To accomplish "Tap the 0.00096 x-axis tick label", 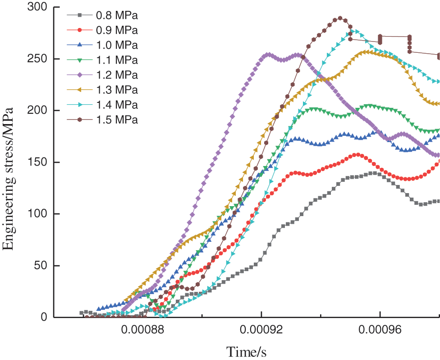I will pos(380,330).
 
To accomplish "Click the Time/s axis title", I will pos(247,351).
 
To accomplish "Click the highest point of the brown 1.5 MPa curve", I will pos(340,18).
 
